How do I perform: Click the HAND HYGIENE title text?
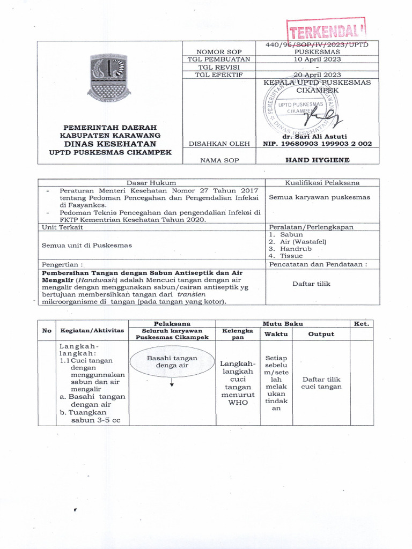318,160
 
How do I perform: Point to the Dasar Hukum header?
151,183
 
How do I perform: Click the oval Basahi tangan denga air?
172,362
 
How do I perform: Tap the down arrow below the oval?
172,382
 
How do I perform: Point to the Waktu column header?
276,334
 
